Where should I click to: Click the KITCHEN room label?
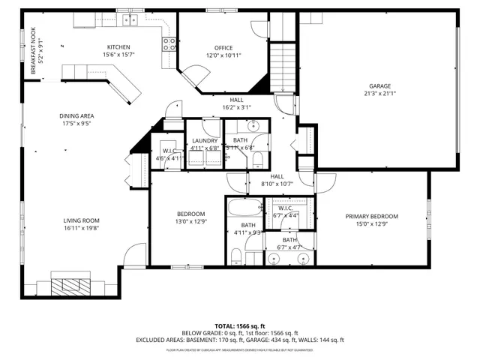coord(118,47)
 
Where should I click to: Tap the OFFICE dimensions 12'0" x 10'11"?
coord(223,55)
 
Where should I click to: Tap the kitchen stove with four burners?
coord(169,43)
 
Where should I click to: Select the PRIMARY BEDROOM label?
coord(371,216)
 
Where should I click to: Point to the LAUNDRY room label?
coord(205,140)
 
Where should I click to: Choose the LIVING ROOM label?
coord(81,220)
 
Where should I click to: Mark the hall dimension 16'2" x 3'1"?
coord(236,107)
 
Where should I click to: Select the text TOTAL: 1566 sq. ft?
coord(239,326)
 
